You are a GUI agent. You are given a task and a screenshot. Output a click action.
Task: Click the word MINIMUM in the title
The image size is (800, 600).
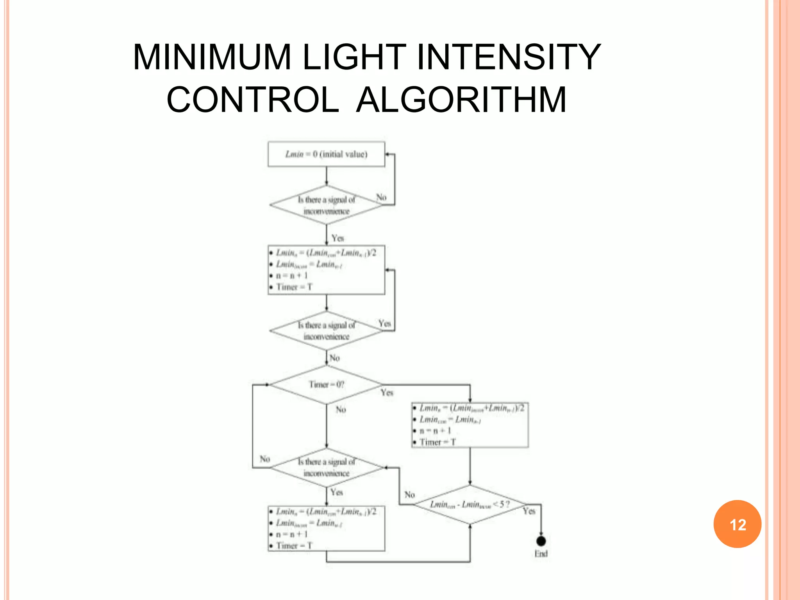click(x=212, y=57)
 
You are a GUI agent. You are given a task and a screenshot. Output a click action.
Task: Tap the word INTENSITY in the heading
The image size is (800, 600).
click(x=509, y=57)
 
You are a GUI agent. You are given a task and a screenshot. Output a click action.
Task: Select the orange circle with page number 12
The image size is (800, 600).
click(x=737, y=524)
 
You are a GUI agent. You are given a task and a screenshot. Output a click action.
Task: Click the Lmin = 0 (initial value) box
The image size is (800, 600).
click(x=326, y=154)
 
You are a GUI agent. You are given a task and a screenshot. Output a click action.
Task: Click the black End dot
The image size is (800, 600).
click(x=541, y=541)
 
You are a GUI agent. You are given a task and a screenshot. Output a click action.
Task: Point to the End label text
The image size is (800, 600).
click(x=541, y=554)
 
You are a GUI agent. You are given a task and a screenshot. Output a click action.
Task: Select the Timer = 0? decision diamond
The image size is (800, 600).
click(x=326, y=385)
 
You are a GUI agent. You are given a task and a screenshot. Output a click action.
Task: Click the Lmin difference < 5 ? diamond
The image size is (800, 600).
click(x=470, y=505)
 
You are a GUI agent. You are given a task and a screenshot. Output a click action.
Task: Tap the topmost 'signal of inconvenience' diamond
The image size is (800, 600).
click(x=326, y=205)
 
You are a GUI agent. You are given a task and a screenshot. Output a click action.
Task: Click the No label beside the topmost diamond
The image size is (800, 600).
click(x=381, y=197)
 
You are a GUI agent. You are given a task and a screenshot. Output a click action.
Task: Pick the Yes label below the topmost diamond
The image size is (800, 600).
click(x=338, y=238)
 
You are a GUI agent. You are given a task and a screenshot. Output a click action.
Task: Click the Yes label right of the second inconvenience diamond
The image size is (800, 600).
click(x=385, y=323)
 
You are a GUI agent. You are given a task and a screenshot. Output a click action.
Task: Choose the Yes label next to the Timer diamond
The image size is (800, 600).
click(x=387, y=392)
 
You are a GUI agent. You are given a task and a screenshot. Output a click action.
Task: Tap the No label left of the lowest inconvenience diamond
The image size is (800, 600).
click(x=265, y=459)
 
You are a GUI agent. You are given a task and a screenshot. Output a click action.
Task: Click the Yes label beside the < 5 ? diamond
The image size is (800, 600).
click(x=529, y=511)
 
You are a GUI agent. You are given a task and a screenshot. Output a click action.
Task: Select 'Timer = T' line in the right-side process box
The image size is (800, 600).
click(x=437, y=442)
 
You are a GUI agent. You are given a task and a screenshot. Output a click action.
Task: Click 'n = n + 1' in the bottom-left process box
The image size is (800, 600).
click(x=292, y=534)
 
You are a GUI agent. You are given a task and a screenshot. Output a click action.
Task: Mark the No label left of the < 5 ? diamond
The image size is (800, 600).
click(x=409, y=495)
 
